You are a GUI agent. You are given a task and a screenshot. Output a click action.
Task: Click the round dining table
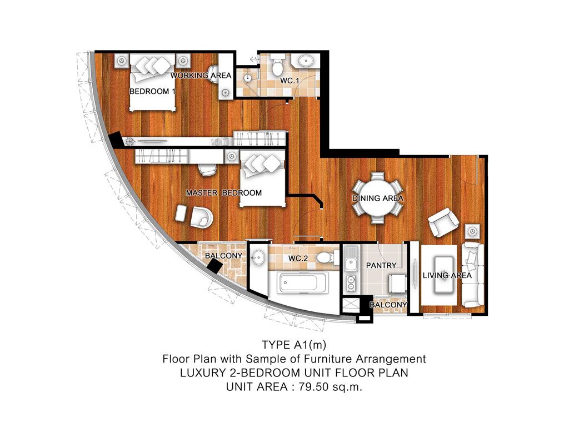(377, 198)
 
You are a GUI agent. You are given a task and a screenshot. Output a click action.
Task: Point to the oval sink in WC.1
(303, 61)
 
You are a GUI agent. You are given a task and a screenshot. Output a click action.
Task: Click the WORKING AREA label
(201, 76)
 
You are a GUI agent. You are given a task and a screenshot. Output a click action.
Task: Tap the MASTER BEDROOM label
(223, 193)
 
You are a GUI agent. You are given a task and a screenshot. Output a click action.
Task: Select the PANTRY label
(381, 265)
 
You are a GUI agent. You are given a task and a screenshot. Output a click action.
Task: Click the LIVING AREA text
(447, 275)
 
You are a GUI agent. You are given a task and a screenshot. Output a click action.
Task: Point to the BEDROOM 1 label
(152, 91)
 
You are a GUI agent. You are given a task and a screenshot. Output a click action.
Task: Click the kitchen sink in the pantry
(351, 258)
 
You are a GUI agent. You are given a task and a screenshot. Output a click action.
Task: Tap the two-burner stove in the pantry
(351, 283)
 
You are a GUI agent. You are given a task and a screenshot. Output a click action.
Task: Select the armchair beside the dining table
(443, 222)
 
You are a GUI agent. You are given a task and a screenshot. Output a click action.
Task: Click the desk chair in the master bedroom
(207, 169)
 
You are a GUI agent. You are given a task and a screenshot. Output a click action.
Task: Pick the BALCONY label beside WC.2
(223, 256)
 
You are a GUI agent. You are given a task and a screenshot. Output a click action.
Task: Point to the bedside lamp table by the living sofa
(472, 231)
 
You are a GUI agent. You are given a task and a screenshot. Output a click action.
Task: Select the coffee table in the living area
(443, 275)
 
